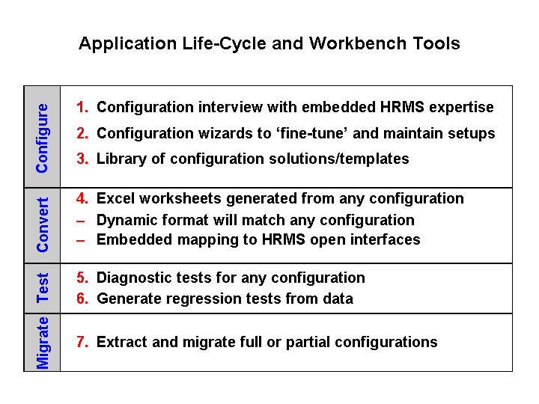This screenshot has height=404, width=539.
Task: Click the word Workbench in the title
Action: (358, 43)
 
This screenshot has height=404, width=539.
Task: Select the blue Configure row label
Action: (42, 138)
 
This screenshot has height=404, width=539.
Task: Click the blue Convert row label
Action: (42, 225)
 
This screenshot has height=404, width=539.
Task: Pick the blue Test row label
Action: (42, 288)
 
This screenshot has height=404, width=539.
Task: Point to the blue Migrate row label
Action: (42, 343)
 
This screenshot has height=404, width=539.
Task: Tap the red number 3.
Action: (82, 159)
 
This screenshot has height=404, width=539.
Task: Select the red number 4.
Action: (82, 198)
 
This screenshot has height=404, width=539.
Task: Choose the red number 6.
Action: (82, 299)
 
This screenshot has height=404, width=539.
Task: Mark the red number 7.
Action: (82, 342)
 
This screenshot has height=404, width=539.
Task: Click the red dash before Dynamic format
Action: (80, 221)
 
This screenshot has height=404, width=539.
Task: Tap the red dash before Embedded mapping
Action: (80, 241)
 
